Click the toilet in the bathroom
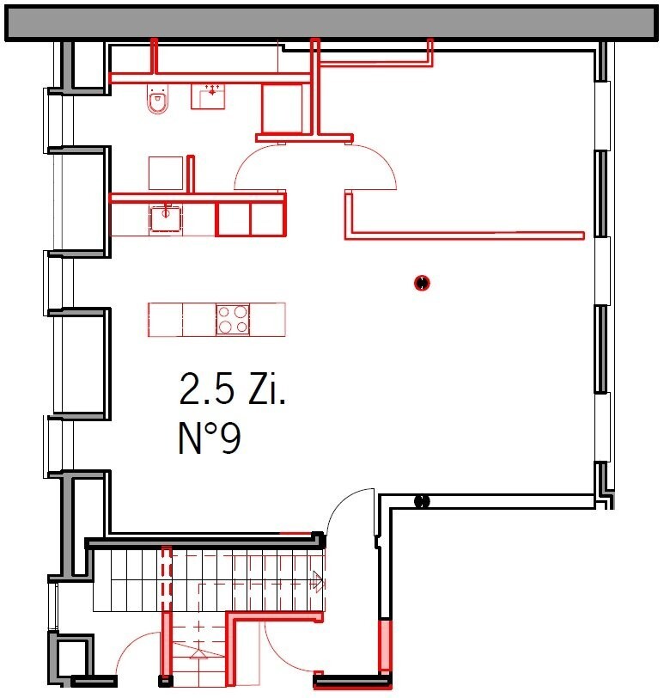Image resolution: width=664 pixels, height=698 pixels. click(158, 100)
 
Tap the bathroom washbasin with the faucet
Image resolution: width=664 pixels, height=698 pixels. click(208, 96)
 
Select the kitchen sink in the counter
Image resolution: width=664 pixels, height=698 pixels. click(166, 217)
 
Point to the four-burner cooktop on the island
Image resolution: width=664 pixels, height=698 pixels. click(233, 320)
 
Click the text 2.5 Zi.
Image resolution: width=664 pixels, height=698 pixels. click(232, 389)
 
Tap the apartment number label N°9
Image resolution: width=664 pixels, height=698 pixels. click(210, 438)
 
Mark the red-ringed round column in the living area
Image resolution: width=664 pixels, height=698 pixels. click(422, 283)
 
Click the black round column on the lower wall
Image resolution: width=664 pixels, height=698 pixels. click(422, 502)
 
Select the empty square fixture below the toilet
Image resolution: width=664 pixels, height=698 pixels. click(166, 173)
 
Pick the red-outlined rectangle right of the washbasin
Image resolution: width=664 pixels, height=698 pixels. click(282, 108)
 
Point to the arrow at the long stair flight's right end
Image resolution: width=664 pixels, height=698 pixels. click(318, 580)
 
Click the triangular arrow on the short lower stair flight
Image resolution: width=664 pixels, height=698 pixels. click(198, 653)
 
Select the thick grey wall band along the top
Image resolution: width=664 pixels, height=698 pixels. click(332, 23)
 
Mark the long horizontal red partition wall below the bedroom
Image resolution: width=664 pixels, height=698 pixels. click(465, 236)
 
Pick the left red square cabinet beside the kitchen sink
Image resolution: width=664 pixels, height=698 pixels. click(233, 219)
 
